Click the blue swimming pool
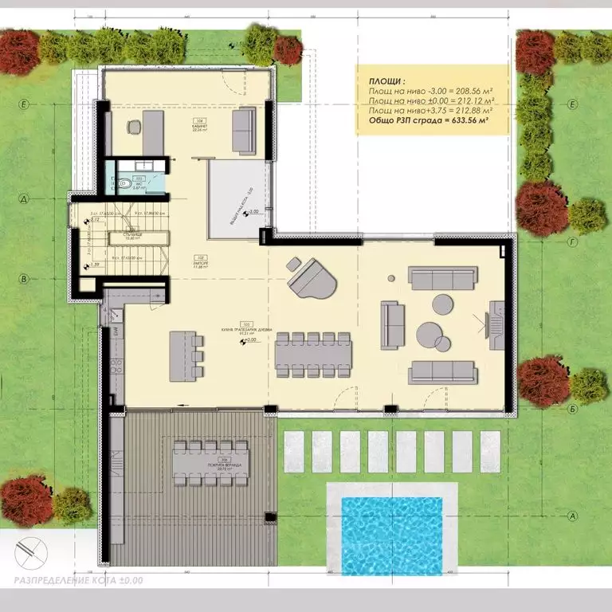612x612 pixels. (x=391, y=534)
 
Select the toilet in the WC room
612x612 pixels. (x=124, y=182)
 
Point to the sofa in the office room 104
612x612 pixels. (x=242, y=129)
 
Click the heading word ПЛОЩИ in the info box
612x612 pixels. (x=386, y=82)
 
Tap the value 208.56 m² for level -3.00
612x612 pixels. (x=469, y=92)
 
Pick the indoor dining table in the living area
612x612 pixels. (x=312, y=355)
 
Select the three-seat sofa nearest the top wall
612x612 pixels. (x=441, y=277)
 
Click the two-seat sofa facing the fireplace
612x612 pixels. (x=390, y=325)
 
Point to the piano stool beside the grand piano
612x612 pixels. (x=293, y=263)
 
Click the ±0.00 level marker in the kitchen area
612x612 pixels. (x=252, y=339)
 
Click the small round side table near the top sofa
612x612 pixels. (x=391, y=277)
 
